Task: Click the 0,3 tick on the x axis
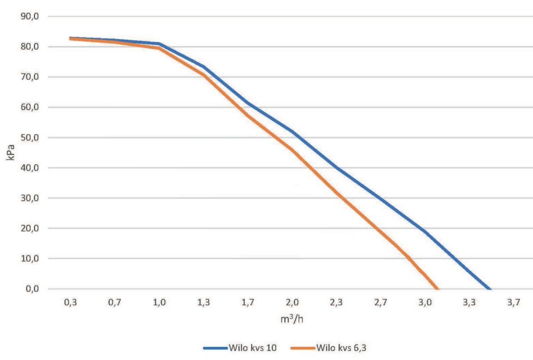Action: tap(70, 302)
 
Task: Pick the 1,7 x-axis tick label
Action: tap(248, 302)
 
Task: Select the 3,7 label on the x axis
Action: tap(513, 302)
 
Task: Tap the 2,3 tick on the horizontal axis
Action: tap(336, 302)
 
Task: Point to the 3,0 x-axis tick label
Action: tap(425, 302)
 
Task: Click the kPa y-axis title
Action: tap(10, 153)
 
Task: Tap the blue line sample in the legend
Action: tap(215, 348)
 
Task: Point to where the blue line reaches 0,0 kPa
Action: tap(490, 289)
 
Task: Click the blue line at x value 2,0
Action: tap(292, 131)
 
